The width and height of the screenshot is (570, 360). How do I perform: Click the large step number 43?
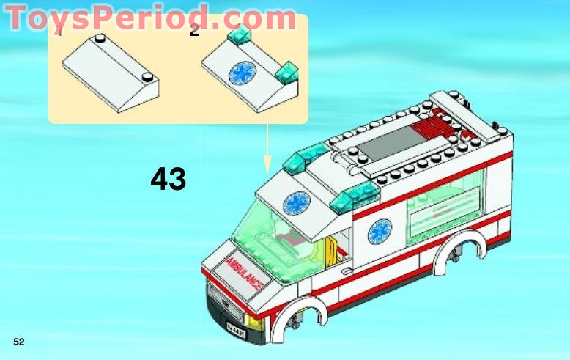[x=168, y=178]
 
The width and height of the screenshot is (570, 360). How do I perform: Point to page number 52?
[x=19, y=342]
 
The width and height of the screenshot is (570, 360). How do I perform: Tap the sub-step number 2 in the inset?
[x=194, y=31]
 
